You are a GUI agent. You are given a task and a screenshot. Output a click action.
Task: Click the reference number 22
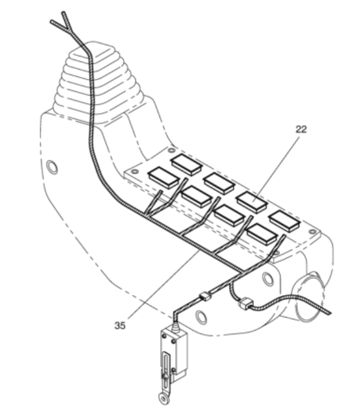click(x=301, y=130)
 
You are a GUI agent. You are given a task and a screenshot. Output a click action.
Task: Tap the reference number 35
click(x=120, y=326)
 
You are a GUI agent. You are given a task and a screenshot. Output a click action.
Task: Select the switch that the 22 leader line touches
click(x=252, y=202)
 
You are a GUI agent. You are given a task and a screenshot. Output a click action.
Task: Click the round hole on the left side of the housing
click(x=52, y=167)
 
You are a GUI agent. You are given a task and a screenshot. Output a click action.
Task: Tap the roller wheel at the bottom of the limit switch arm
click(x=163, y=398)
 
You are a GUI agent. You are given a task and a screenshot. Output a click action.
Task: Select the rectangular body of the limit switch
click(x=174, y=350)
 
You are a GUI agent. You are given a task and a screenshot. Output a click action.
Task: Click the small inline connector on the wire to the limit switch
click(x=205, y=297)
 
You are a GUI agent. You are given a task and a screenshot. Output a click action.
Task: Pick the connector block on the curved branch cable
click(x=245, y=303)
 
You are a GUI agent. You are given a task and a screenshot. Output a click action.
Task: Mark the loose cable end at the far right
click(x=328, y=312)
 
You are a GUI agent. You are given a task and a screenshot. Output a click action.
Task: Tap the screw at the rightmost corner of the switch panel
click(x=312, y=232)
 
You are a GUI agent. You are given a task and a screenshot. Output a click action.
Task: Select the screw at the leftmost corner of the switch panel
click(x=135, y=172)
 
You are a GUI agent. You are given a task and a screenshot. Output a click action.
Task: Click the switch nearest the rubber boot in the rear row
click(x=187, y=164)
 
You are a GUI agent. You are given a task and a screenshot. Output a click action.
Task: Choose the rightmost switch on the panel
click(x=285, y=221)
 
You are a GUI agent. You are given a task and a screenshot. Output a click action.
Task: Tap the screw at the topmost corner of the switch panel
click(x=171, y=150)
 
